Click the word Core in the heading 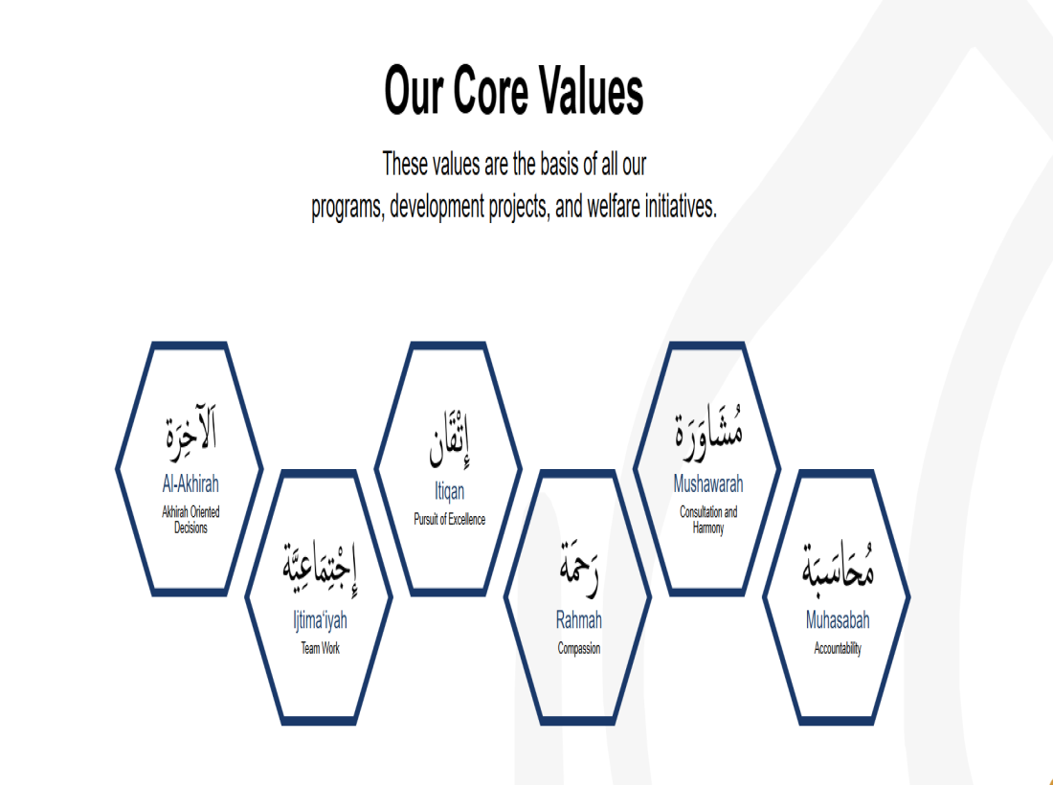pos(489,90)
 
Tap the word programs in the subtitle pos(347,208)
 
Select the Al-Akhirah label pos(190,483)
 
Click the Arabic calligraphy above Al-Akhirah pos(191,433)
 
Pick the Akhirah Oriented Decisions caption pos(190,520)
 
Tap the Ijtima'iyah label pos(321,619)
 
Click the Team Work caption pos(321,648)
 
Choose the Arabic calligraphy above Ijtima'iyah pos(320,568)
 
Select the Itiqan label pos(449,491)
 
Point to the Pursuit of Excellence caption pos(449,519)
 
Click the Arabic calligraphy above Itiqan pos(449,438)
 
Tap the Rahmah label pos(579,619)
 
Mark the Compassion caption pos(579,649)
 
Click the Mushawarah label pos(708,483)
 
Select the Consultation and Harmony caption pos(708,520)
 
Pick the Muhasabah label pos(838,619)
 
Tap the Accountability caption pos(838,649)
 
